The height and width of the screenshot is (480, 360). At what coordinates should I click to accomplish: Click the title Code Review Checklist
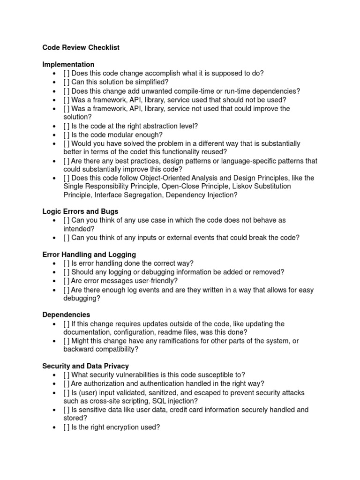click(x=81, y=47)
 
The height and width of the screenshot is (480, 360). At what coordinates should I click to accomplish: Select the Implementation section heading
click(x=68, y=64)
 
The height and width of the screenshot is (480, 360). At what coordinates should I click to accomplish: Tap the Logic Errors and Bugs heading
click(x=80, y=211)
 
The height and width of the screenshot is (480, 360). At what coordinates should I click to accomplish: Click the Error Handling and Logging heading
click(x=89, y=255)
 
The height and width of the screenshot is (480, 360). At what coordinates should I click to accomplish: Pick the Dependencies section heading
click(x=66, y=315)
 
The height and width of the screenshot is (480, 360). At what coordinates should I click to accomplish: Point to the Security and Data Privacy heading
click(x=85, y=366)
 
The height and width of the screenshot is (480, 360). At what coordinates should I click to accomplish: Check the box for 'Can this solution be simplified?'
click(x=67, y=82)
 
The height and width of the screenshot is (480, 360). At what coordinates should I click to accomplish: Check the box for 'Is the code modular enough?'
click(x=67, y=135)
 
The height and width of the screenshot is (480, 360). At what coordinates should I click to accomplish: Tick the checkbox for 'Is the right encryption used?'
click(x=67, y=427)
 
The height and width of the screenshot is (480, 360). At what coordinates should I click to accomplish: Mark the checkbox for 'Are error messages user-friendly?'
click(x=67, y=281)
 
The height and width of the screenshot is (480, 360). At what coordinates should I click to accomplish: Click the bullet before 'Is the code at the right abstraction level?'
click(x=55, y=126)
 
